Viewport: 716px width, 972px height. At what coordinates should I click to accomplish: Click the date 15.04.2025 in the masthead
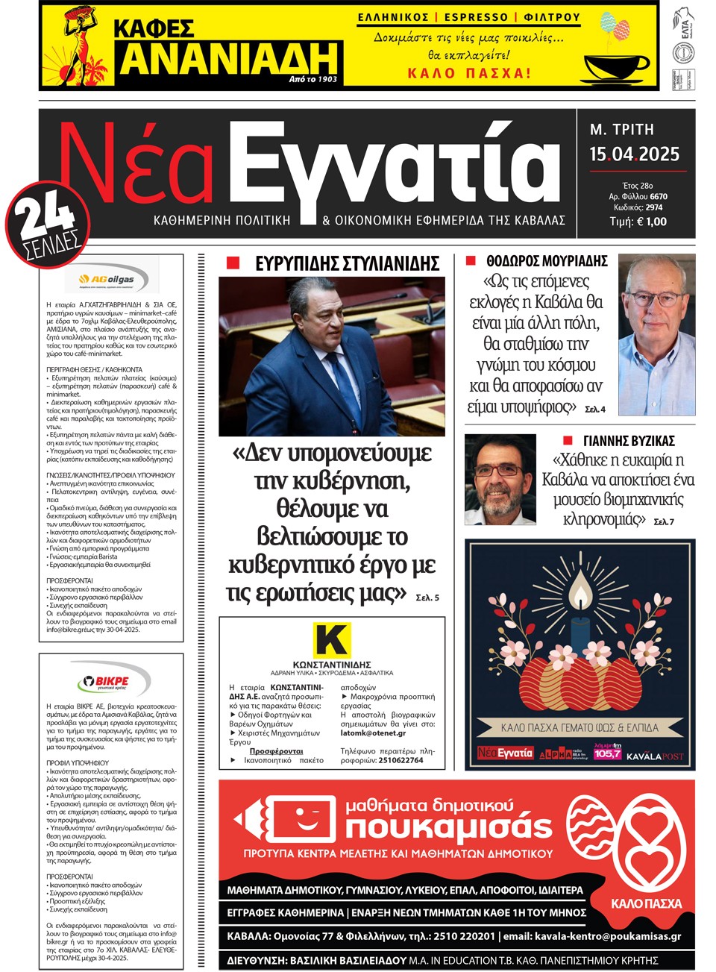click(634, 154)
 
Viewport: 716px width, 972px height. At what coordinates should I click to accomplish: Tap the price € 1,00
click(649, 222)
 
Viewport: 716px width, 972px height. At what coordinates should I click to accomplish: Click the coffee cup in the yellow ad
click(616, 66)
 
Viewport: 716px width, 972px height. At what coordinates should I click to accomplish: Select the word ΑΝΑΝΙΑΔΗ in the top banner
click(229, 58)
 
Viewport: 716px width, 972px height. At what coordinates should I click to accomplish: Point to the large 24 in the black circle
click(46, 216)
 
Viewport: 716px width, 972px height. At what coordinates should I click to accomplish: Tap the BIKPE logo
click(111, 681)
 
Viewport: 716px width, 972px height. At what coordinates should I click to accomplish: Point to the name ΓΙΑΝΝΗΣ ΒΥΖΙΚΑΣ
click(628, 440)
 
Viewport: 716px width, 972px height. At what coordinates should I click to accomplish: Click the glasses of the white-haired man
click(650, 300)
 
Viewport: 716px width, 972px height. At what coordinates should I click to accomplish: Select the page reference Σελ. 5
click(427, 598)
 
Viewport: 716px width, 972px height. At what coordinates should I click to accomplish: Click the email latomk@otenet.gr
click(373, 733)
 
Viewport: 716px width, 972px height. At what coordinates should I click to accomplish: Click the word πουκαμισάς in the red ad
click(448, 827)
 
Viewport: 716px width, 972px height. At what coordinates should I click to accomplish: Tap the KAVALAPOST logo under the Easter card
click(654, 756)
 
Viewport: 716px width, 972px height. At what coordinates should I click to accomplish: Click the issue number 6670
click(659, 197)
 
